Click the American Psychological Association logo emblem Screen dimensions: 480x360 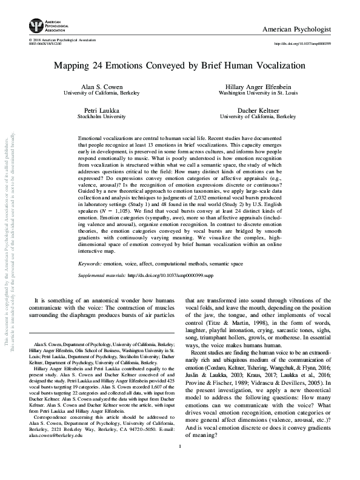point(37,25)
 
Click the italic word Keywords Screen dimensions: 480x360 point(92,264)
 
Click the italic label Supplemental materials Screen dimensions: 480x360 point(101,275)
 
